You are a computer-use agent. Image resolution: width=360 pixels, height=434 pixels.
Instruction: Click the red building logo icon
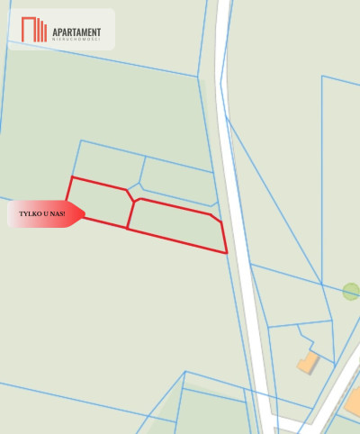click(x=34, y=30)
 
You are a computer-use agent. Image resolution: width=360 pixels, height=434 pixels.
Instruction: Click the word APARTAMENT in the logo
click(x=76, y=32)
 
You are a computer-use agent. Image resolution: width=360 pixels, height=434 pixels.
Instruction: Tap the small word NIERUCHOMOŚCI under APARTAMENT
click(x=76, y=41)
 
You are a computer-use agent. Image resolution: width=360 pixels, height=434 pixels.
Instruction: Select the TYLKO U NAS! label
click(x=41, y=213)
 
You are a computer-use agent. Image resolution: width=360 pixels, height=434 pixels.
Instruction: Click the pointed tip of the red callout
click(x=85, y=213)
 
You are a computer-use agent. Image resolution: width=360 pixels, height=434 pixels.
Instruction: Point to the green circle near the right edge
click(x=351, y=291)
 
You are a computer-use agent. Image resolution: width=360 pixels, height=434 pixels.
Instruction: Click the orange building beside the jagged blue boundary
click(x=309, y=363)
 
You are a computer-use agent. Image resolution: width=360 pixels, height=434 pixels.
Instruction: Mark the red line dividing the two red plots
click(x=130, y=213)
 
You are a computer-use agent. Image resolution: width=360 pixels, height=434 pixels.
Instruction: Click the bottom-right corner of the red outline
click(x=226, y=252)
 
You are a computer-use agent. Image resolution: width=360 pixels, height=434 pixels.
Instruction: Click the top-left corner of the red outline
click(x=71, y=177)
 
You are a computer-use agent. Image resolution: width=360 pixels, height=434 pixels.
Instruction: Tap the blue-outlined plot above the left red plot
click(x=108, y=162)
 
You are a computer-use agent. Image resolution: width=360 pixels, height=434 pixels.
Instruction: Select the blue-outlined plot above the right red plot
click(x=178, y=178)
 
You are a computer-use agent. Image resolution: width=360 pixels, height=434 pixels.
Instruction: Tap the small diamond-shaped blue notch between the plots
click(x=134, y=187)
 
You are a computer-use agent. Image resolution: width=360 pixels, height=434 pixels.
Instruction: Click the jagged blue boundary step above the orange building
click(x=305, y=341)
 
